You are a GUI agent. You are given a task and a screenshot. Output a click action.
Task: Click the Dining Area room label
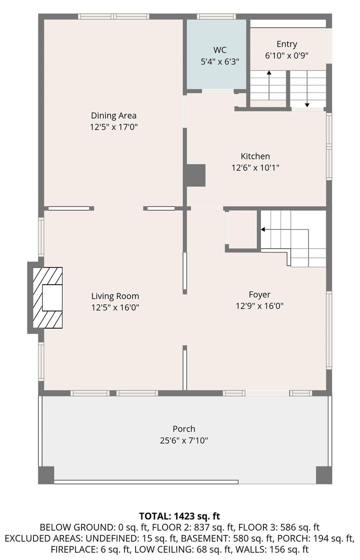pos(113,116)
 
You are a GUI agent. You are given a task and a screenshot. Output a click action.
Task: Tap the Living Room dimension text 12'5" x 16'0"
pos(115,307)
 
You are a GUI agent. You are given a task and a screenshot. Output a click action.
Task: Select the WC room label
pos(219,50)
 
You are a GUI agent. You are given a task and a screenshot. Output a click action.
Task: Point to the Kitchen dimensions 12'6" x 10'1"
pos(255,168)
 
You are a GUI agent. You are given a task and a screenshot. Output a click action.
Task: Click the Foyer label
pos(259,295)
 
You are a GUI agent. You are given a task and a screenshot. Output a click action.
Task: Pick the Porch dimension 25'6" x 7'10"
pos(183,440)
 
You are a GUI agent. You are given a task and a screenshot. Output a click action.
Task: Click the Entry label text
pos(286,44)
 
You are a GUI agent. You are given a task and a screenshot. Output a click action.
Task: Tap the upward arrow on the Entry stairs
pos(269,85)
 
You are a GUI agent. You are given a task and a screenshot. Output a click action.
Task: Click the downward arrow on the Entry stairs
pos(306,90)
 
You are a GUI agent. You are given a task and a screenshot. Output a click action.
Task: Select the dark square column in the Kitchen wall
pos(195,175)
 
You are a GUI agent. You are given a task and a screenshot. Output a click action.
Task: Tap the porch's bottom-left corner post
pos(46,474)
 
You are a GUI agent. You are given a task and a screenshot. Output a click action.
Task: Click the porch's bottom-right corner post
pos(323,474)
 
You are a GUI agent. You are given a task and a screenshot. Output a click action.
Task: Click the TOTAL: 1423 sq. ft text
pos(179,515)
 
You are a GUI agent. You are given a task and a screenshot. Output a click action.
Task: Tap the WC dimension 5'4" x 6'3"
pos(219,62)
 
